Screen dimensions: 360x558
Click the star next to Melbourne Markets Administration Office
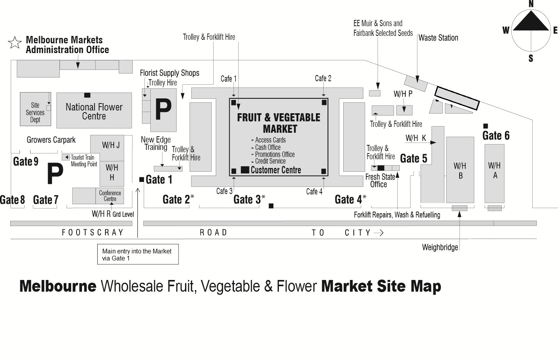tap(15, 43)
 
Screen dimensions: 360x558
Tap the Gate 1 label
tap(159, 180)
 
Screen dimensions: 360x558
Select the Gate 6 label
tap(496, 136)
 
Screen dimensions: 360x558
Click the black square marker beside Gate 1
tap(142, 180)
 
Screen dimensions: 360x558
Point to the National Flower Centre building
tap(94, 111)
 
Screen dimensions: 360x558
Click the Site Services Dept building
tap(35, 112)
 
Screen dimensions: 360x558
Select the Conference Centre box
tap(110, 196)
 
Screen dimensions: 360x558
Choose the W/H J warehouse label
tap(111, 146)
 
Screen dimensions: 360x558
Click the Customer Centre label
tap(276, 170)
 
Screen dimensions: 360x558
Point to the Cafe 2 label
tap(323, 78)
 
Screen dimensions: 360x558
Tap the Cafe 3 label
tap(224, 191)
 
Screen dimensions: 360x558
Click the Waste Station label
tap(438, 38)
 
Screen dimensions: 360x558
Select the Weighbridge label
tap(440, 248)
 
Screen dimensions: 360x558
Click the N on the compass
tap(531, 4)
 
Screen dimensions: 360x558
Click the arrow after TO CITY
tap(379, 233)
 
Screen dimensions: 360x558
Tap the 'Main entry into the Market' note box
tap(138, 255)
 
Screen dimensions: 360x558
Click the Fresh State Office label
tap(380, 181)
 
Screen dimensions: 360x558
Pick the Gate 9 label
tap(26, 161)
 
